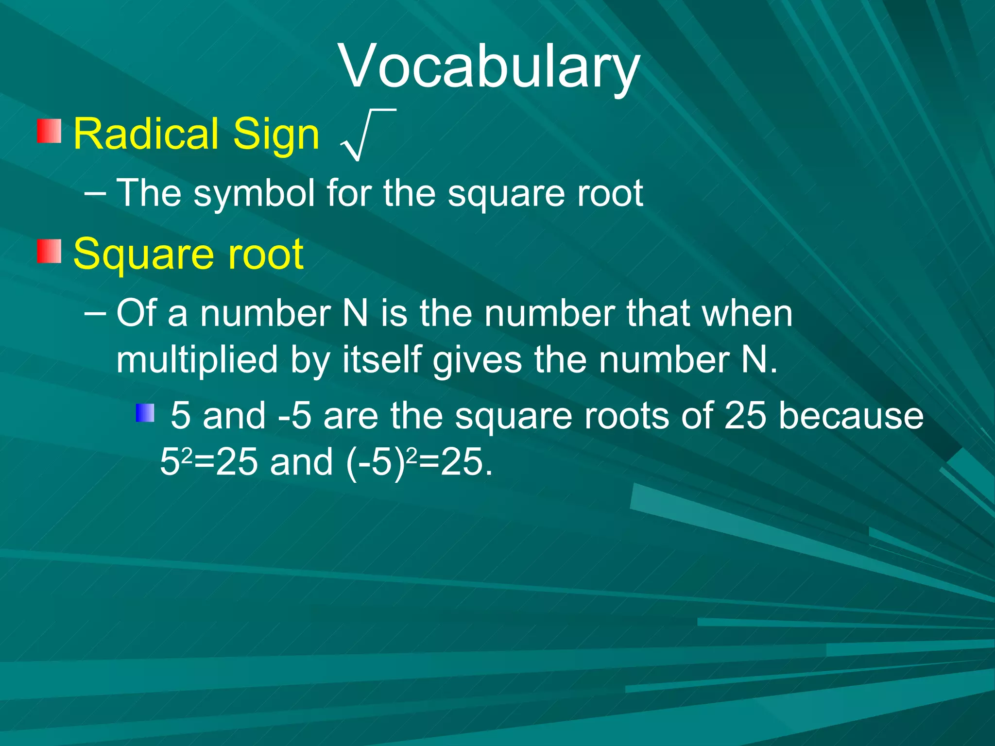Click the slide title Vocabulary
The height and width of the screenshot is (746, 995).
(489, 67)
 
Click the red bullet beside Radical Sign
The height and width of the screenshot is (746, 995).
(49, 131)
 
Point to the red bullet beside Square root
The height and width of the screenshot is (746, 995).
(49, 251)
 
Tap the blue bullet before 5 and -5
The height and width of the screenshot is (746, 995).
(145, 413)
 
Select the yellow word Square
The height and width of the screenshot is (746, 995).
(143, 255)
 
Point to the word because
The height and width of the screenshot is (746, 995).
(851, 416)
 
